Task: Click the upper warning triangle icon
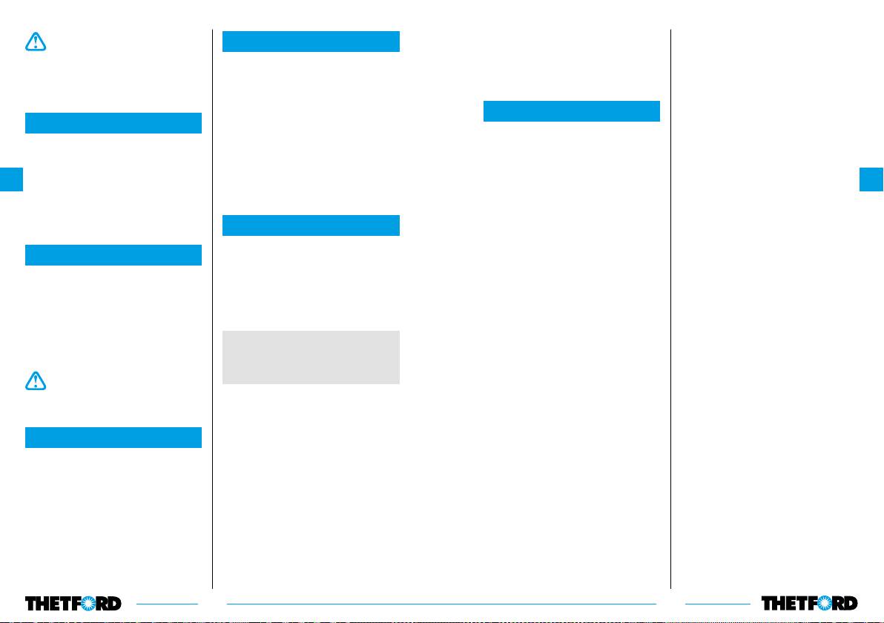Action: (35, 42)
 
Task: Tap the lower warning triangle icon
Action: (35, 380)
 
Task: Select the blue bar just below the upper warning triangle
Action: (113, 123)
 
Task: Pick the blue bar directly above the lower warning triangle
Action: (113, 255)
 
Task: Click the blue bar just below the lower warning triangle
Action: (113, 438)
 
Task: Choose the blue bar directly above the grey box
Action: (311, 225)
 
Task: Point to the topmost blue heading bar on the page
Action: (311, 42)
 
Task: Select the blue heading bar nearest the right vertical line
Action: (571, 111)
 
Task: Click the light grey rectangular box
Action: (311, 357)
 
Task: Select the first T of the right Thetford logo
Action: (768, 603)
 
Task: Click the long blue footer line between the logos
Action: (441, 604)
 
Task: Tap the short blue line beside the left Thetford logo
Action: (167, 604)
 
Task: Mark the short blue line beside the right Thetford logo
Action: (718, 604)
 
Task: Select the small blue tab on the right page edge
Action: (871, 179)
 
